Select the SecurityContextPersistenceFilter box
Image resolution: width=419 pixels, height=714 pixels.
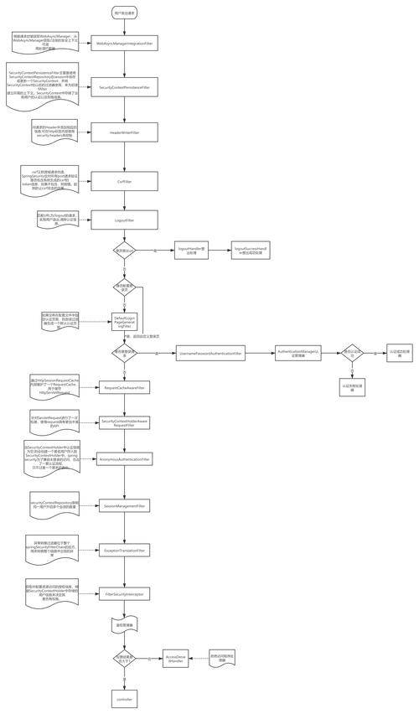[x=124, y=86]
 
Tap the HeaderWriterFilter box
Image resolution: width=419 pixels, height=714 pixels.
[x=124, y=132]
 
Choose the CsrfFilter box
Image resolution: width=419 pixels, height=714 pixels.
[x=124, y=180]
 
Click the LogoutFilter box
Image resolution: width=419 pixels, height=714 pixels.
[x=124, y=220]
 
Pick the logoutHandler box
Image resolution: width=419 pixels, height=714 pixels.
[x=191, y=250]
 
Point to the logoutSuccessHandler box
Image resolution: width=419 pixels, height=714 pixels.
[x=251, y=250]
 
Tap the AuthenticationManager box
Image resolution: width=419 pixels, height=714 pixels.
[x=298, y=354]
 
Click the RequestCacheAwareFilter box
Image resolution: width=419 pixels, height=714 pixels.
[x=124, y=388]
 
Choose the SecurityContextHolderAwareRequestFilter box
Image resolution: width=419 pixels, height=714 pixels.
[x=124, y=423]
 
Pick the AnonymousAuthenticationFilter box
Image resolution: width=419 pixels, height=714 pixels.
[x=124, y=459]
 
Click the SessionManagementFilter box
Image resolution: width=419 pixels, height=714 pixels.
[x=124, y=506]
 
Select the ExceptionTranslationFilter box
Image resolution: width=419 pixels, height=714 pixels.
[x=124, y=551]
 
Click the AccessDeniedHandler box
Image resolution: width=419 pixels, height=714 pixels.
[x=176, y=659]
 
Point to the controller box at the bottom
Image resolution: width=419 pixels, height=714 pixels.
[x=124, y=698]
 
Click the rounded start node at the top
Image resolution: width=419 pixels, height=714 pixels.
[x=124, y=13]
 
